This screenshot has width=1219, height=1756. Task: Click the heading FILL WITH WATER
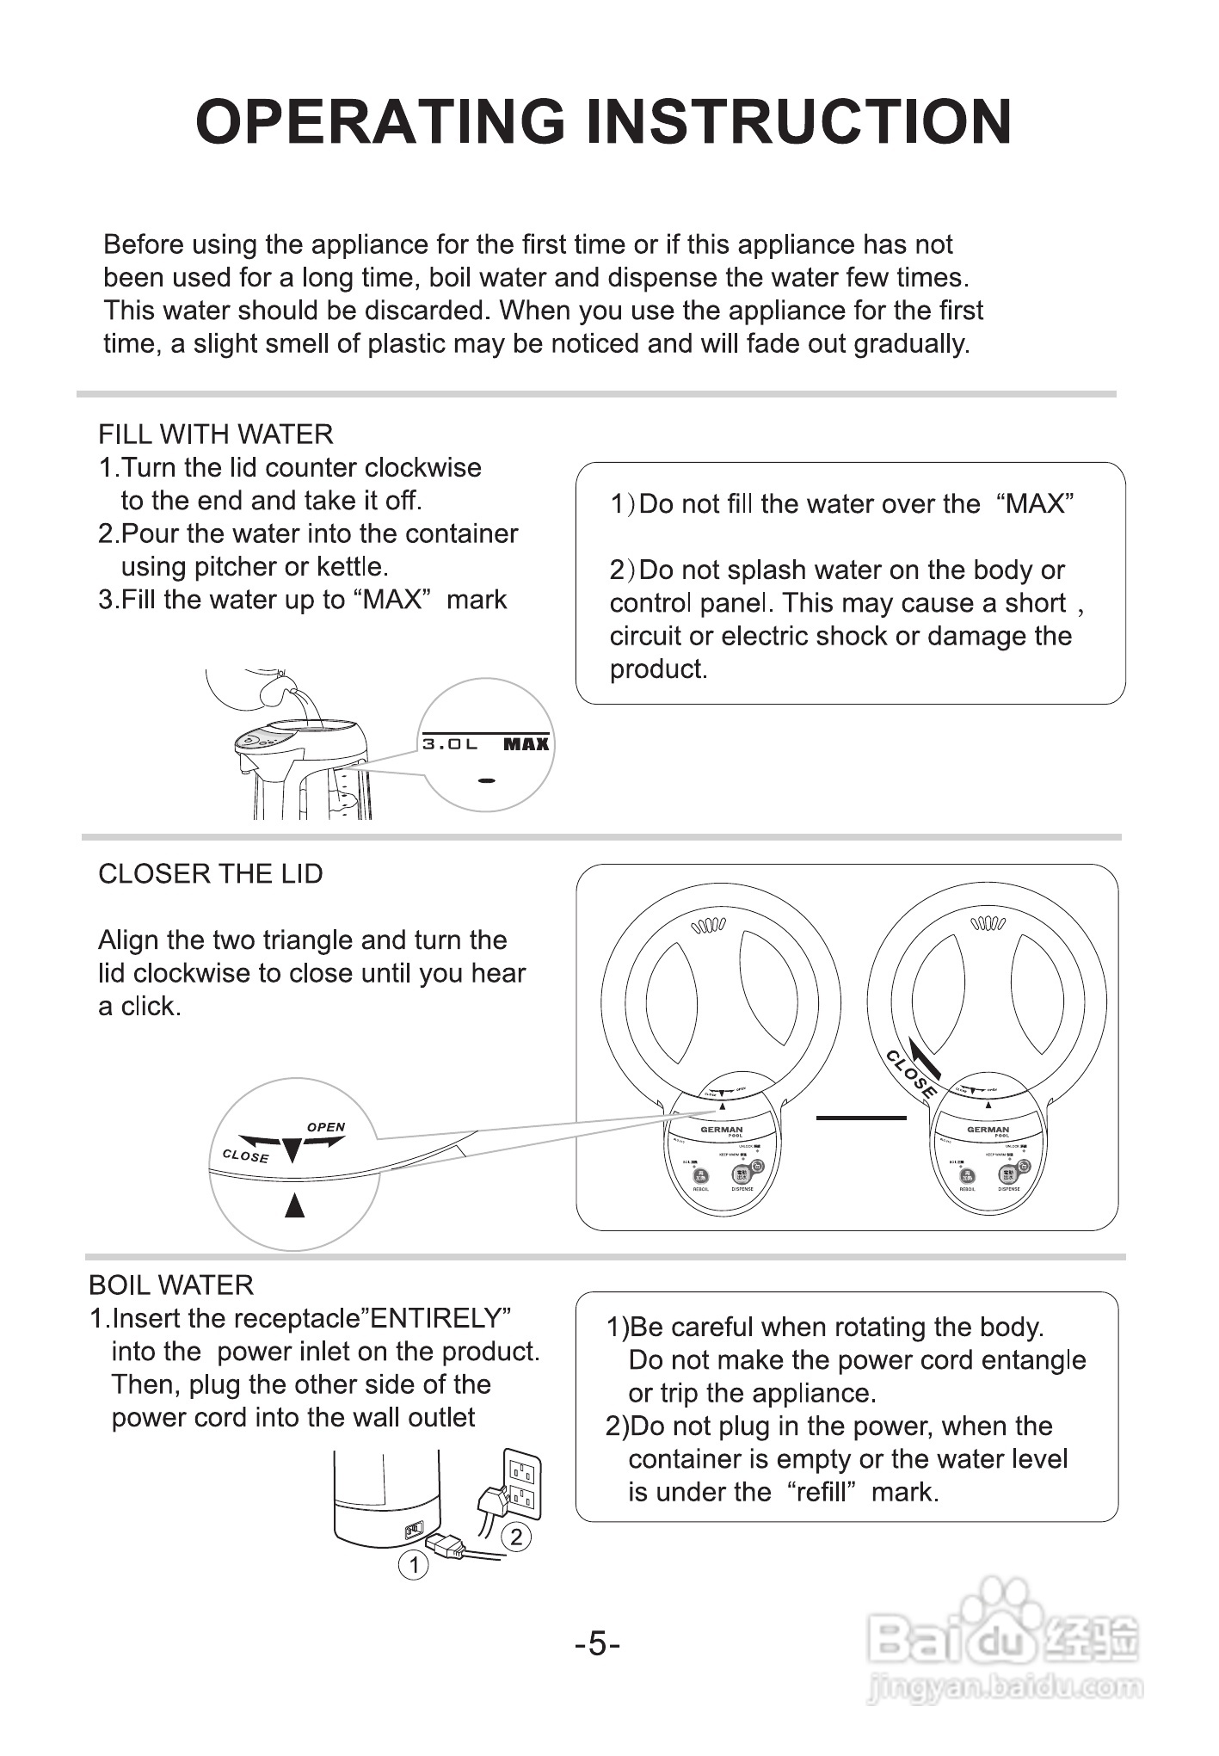pyautogui.click(x=216, y=434)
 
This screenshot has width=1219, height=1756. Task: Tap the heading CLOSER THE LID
pyautogui.click(x=211, y=874)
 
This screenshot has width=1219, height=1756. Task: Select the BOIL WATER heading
pyautogui.click(x=171, y=1285)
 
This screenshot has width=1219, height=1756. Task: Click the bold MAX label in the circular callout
pyautogui.click(x=526, y=744)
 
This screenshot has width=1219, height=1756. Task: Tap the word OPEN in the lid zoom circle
pyautogui.click(x=326, y=1127)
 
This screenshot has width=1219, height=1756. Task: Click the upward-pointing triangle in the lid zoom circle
pyautogui.click(x=295, y=1206)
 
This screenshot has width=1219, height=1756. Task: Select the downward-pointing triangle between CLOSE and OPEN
pyautogui.click(x=292, y=1149)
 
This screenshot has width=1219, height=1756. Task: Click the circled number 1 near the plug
pyautogui.click(x=414, y=1565)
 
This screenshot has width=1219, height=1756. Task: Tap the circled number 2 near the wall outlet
pyautogui.click(x=516, y=1537)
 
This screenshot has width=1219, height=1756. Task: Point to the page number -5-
pyautogui.click(x=598, y=1645)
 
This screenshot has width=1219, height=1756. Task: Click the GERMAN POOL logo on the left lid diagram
pyautogui.click(x=722, y=1131)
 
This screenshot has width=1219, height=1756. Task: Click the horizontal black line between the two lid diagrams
pyautogui.click(x=860, y=1118)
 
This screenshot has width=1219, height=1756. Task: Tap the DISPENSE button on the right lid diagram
pyautogui.click(x=1008, y=1174)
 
